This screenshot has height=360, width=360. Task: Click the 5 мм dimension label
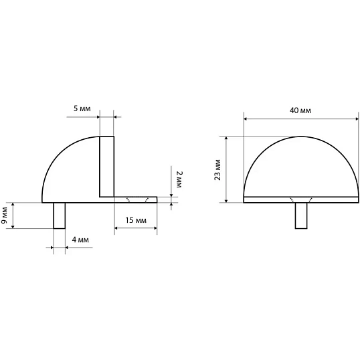click(x=82, y=108)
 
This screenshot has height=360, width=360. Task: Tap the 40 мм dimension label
click(x=300, y=110)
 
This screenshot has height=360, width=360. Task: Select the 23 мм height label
click(x=217, y=170)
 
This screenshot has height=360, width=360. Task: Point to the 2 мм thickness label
click(x=179, y=179)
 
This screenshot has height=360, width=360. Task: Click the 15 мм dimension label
click(x=136, y=220)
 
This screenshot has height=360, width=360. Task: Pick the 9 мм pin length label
click(x=5, y=215)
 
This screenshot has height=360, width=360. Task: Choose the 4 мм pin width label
click(x=80, y=240)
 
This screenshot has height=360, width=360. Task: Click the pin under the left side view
click(x=60, y=215)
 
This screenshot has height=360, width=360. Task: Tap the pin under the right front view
click(x=301, y=215)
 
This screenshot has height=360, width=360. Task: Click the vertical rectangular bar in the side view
click(x=107, y=167)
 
